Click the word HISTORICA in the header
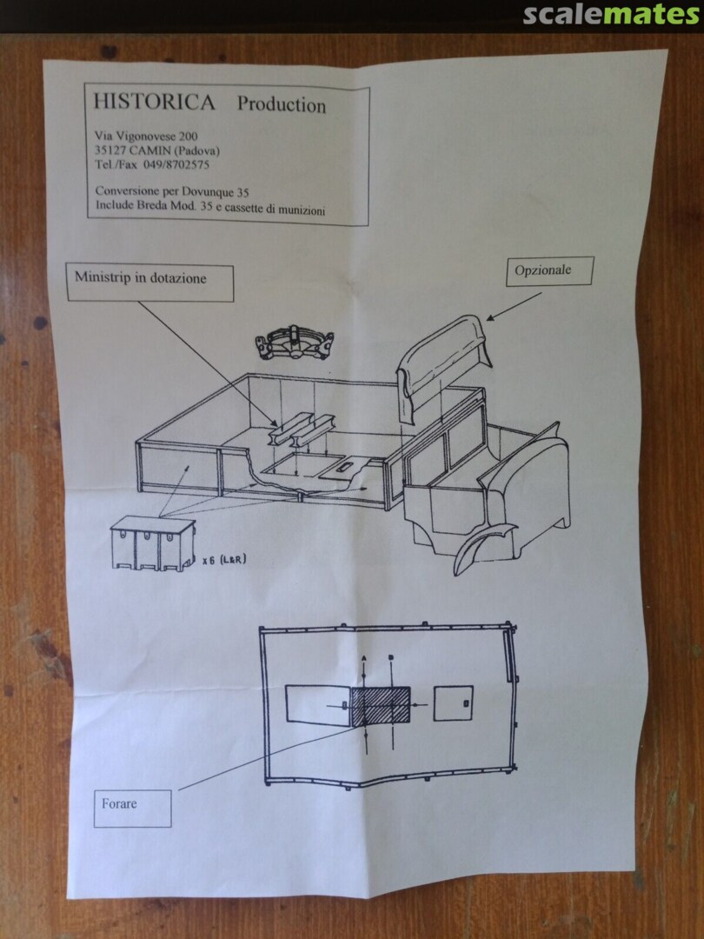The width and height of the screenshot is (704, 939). pyautogui.click(x=154, y=102)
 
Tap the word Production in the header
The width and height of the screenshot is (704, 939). pyautogui.click(x=282, y=104)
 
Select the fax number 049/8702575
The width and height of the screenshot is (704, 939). pyautogui.click(x=176, y=164)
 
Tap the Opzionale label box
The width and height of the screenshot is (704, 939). pyautogui.click(x=549, y=271)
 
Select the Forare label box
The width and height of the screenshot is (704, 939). pyautogui.click(x=132, y=808)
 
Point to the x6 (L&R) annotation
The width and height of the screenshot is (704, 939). pyautogui.click(x=224, y=561)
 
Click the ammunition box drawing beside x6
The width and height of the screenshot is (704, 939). pyautogui.click(x=153, y=543)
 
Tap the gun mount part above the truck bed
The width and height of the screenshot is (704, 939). pyautogui.click(x=295, y=343)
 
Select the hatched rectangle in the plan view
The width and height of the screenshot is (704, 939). pyautogui.click(x=381, y=706)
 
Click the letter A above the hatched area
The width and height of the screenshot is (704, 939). pyautogui.click(x=364, y=657)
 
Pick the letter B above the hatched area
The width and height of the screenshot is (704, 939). pyautogui.click(x=391, y=657)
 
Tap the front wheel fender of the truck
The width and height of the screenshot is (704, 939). pyautogui.click(x=482, y=545)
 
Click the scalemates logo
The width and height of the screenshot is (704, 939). pyautogui.click(x=612, y=15)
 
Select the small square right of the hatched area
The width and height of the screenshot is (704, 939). pyautogui.click(x=453, y=703)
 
